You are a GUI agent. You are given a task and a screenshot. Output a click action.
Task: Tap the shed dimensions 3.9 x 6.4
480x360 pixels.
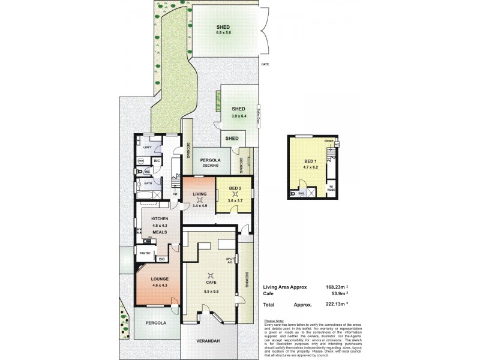pos(239,116)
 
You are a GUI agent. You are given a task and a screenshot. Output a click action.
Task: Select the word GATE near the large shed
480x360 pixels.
pos(265,64)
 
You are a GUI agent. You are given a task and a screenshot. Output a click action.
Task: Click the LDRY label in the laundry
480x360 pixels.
pos(147,147)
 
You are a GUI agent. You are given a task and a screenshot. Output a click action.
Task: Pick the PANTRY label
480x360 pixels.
pos(145,253)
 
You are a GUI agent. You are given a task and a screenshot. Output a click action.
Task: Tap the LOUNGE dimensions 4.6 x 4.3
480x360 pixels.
pos(151,286)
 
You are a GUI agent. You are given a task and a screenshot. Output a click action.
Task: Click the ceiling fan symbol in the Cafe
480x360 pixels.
pos(210,275)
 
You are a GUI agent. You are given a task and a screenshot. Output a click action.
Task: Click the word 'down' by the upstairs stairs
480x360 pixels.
pos(328,140)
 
